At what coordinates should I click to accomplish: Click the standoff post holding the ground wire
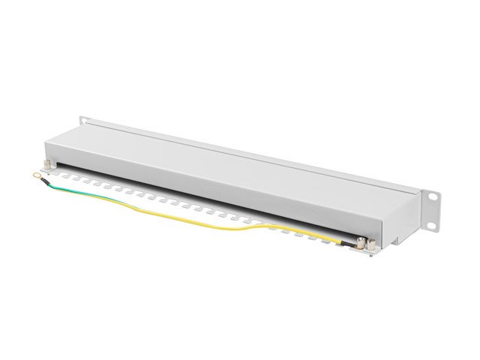tap(361, 241)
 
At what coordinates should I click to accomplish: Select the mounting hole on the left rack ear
tap(84, 121)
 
